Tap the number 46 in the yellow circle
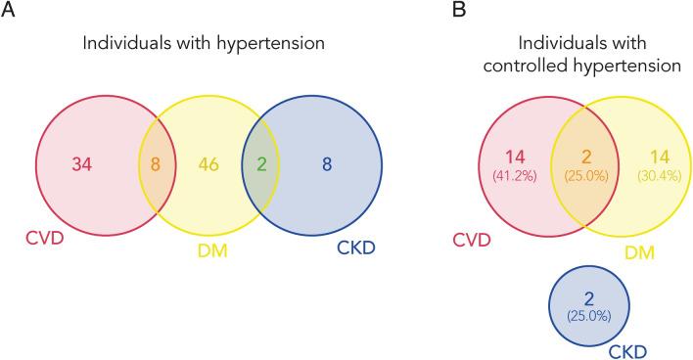208,163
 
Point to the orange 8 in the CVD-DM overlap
156,163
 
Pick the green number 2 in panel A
260,163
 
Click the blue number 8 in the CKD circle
327,163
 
